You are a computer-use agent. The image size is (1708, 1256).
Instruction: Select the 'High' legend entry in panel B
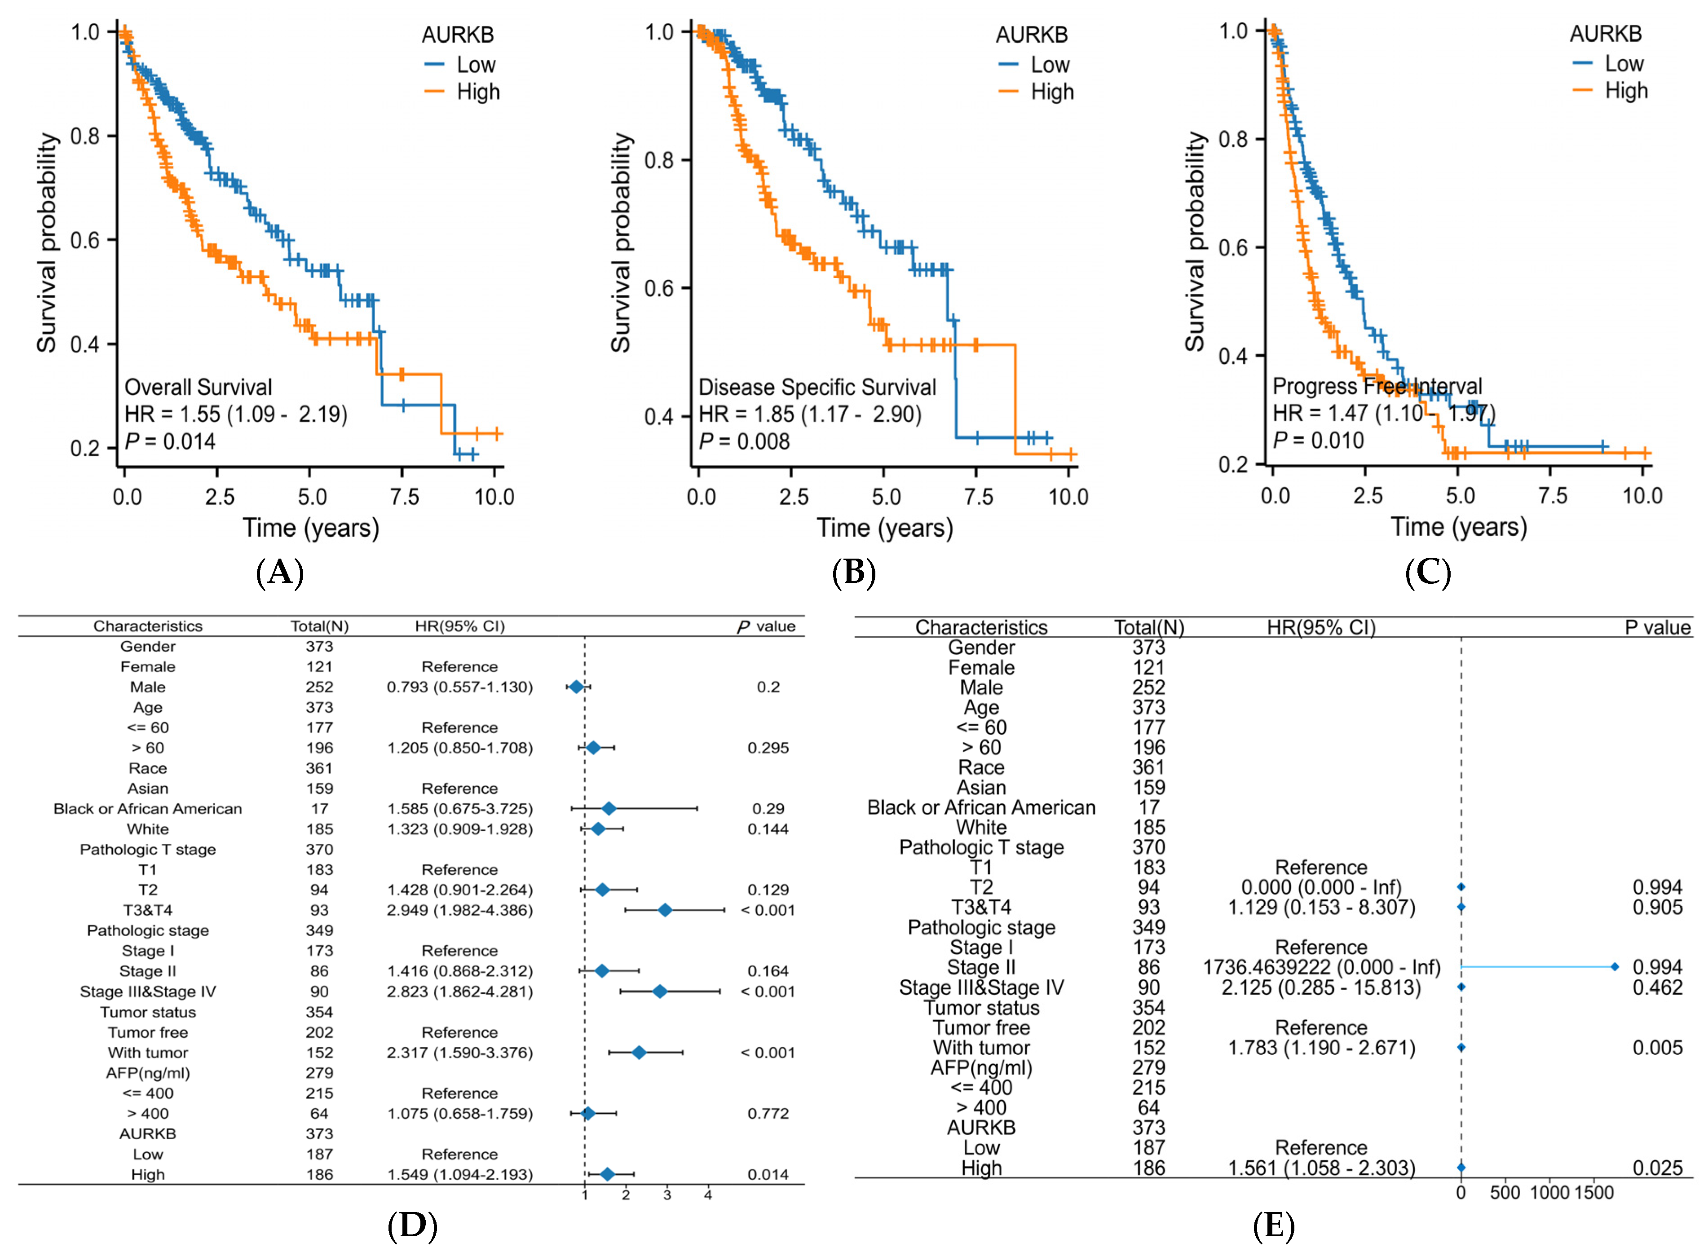click(x=1052, y=92)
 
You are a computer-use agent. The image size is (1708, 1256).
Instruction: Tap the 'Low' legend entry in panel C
click(x=1624, y=64)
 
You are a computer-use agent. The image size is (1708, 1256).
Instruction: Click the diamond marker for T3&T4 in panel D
click(x=665, y=910)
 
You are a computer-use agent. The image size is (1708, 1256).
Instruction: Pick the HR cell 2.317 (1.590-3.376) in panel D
click(x=459, y=1053)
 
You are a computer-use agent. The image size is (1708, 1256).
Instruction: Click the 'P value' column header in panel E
click(x=1657, y=628)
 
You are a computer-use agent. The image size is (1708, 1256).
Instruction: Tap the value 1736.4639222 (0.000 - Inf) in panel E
click(x=1321, y=967)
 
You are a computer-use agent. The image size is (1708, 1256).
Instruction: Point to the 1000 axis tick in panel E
click(x=1549, y=1193)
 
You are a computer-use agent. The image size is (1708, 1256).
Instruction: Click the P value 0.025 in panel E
click(x=1657, y=1168)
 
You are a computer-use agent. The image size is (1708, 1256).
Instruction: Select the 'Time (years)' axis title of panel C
click(x=1459, y=527)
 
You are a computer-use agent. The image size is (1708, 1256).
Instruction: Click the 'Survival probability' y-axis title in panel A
click(x=47, y=243)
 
